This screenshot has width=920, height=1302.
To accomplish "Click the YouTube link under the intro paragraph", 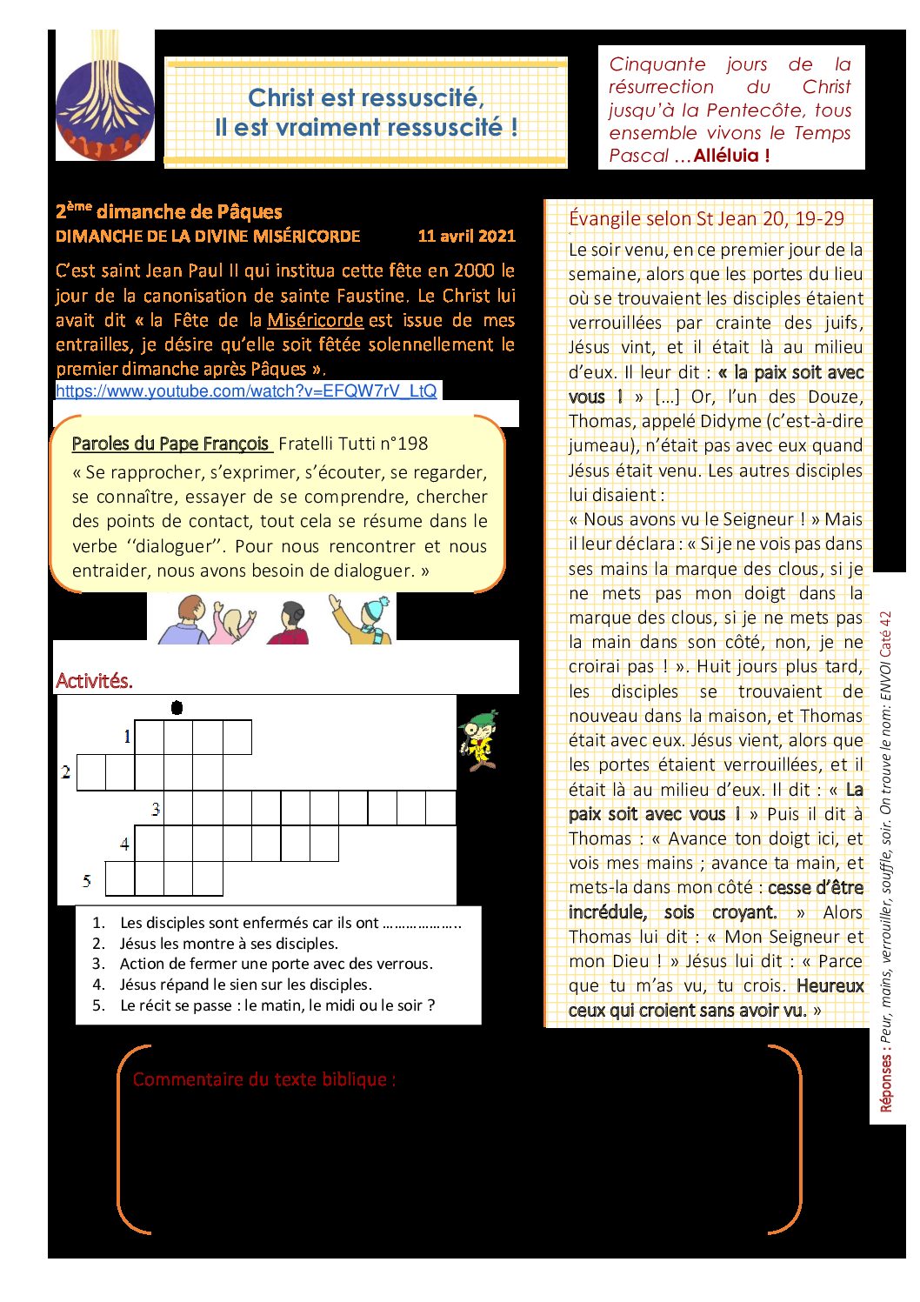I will coord(246,391).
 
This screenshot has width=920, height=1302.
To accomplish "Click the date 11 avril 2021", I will coord(466,236).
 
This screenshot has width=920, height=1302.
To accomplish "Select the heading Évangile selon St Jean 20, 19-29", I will coord(706,218).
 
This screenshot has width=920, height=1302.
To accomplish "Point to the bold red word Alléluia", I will coord(731,157).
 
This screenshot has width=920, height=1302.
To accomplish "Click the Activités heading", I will coord(94,681).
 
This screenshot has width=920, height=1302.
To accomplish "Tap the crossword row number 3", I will coord(156,810).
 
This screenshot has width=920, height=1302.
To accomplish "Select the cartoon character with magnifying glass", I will coord(479,740).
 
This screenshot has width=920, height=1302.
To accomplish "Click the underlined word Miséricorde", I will coord(315,320).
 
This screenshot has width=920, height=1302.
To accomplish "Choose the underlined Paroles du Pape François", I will coord(171,444).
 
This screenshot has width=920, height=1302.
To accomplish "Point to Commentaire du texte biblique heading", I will coord(264,1079).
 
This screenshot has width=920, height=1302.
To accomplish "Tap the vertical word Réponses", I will coord(886,1083).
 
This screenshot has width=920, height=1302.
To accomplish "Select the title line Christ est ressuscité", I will coord(366,97).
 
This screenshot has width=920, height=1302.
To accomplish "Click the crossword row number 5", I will coord(87,881).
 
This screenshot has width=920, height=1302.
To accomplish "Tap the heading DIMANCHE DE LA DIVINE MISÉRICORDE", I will coord(208,236).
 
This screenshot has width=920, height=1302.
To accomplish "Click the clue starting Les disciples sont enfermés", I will coord(290,923).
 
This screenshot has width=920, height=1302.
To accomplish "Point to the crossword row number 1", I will coord(127,738).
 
